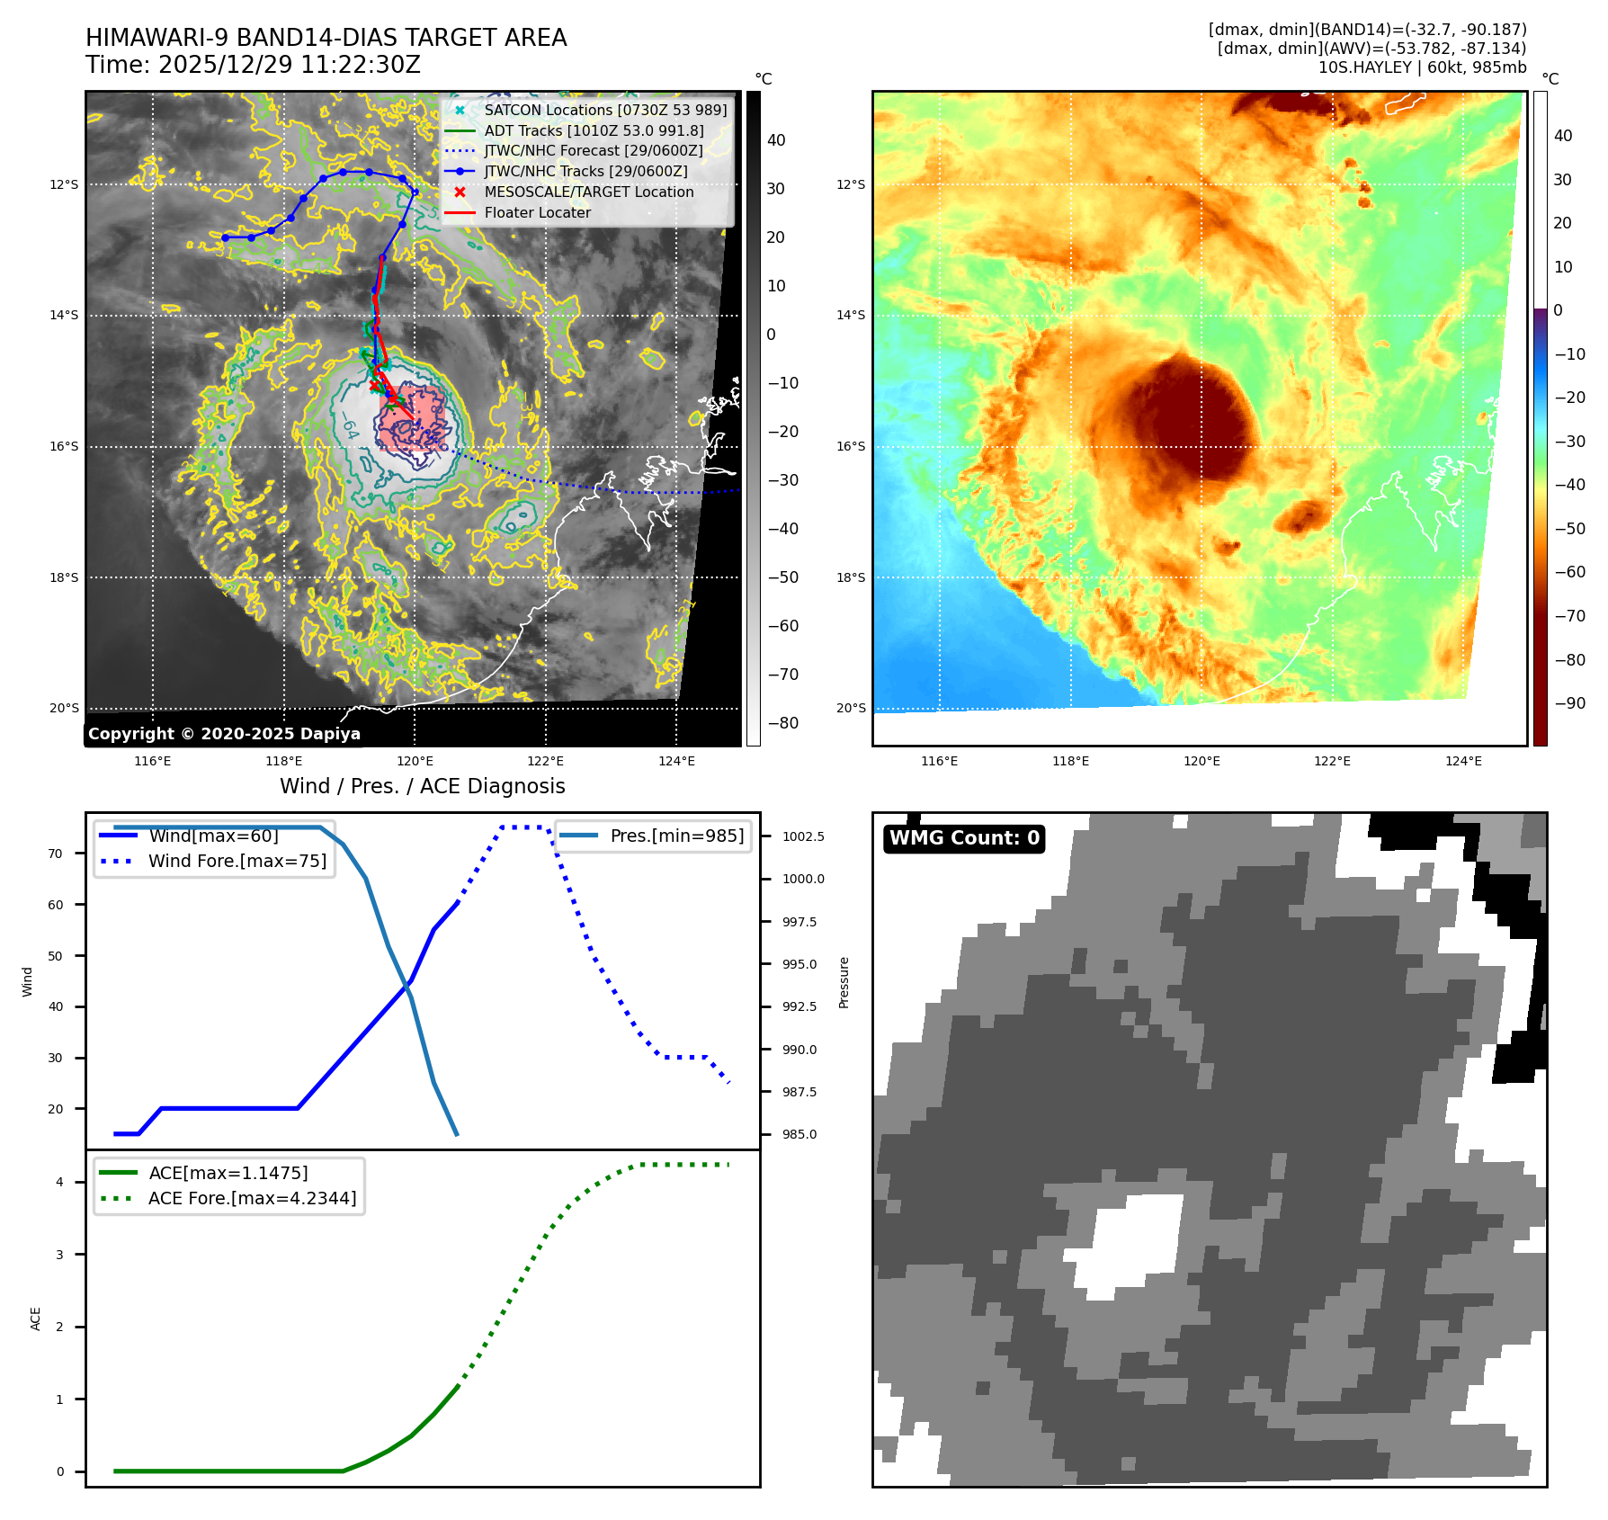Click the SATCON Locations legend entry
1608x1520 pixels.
pos(604,110)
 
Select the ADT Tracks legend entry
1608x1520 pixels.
pos(594,130)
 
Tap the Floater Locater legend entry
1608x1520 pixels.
pos(537,212)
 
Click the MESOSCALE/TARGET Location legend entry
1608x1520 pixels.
pos(588,192)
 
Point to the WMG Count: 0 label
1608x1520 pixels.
pos(964,838)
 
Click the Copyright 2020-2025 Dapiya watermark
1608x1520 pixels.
pos(224,734)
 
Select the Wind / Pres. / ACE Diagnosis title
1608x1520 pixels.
pos(422,786)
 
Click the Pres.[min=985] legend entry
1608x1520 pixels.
pos(676,836)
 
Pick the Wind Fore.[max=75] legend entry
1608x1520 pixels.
pos(237,861)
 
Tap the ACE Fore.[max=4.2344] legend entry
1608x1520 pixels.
pos(252,1198)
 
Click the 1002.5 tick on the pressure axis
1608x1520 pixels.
pos(802,836)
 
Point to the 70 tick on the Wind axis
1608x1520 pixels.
pos(56,854)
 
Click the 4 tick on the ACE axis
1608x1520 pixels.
pos(59,1182)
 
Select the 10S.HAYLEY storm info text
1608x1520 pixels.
pos(1422,67)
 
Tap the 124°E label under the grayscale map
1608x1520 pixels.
pos(676,761)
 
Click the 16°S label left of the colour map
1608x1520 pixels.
pos(851,446)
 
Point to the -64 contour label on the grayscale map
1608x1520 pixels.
pos(350,426)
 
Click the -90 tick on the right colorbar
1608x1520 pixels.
pos(1570,703)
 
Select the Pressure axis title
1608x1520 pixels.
pos(844,982)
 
